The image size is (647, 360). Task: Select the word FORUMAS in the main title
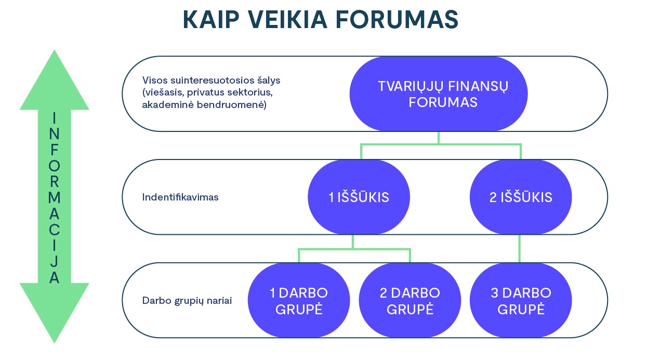[x=397, y=19]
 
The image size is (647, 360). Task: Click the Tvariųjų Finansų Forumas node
[x=439, y=94]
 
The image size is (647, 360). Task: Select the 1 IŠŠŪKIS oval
[x=359, y=197]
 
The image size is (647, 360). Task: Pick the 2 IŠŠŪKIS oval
[x=521, y=197]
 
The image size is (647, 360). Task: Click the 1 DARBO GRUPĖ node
[x=299, y=300]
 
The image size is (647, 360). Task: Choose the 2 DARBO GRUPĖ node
[x=410, y=300]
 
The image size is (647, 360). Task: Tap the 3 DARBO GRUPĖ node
[x=521, y=300]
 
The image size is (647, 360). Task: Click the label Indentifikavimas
[x=180, y=197]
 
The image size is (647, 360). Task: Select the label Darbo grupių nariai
[x=187, y=301]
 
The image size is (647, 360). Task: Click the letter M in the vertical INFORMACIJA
[x=54, y=198]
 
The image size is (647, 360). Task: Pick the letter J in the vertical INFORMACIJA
[x=54, y=262]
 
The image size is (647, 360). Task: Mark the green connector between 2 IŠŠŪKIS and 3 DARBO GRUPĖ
[x=520, y=248]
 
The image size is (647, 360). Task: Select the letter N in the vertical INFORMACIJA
[x=54, y=134]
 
